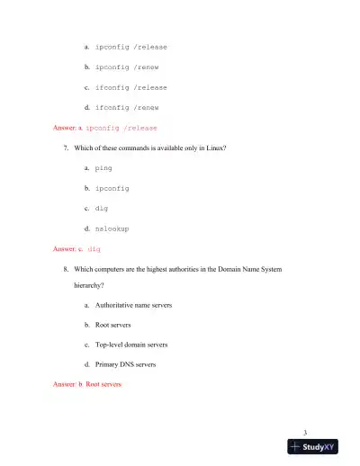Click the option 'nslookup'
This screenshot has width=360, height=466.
click(x=112, y=229)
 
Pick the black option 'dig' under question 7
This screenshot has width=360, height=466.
click(x=102, y=209)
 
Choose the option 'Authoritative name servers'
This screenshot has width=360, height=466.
click(x=133, y=306)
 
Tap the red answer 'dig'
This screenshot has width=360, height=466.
click(x=94, y=248)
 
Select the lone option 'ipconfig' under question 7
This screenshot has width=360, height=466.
click(x=112, y=189)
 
